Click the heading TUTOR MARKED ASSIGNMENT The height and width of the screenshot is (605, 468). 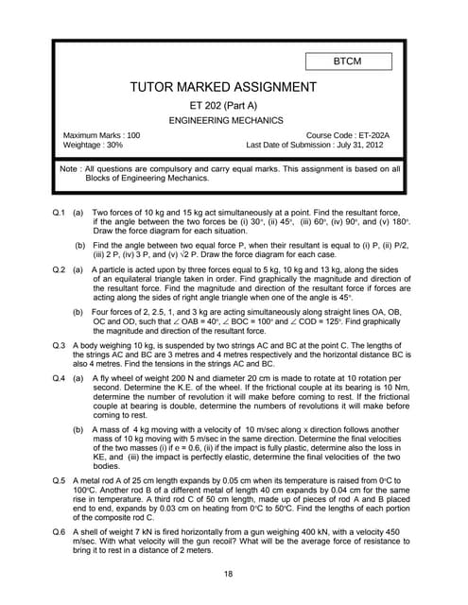[233, 88]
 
